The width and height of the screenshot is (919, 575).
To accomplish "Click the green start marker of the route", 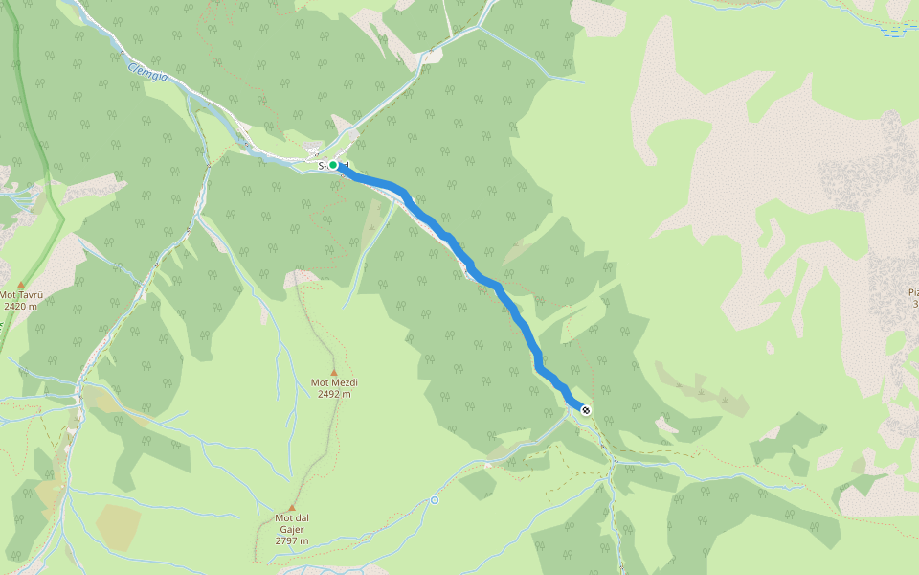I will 333,165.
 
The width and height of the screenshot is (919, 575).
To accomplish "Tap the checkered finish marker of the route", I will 586,410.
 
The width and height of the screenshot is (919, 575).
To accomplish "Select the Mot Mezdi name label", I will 333,383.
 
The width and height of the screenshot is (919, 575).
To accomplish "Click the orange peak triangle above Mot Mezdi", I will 334,372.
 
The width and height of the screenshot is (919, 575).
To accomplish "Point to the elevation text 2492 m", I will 333,394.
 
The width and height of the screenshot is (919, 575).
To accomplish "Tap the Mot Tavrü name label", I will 20,295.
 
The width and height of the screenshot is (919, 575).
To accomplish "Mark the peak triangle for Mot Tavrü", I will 21,285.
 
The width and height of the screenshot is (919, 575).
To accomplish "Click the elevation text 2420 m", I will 20,307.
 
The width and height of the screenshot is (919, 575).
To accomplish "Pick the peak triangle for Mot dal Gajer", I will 292,508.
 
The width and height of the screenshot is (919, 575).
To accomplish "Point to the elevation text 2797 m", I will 292,540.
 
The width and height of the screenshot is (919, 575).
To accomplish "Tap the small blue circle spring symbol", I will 435,499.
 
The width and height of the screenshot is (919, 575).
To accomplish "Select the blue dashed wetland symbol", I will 894,32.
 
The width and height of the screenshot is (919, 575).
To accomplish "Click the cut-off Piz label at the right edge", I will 912,298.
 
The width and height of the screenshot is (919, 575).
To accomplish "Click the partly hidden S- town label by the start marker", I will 323,166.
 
